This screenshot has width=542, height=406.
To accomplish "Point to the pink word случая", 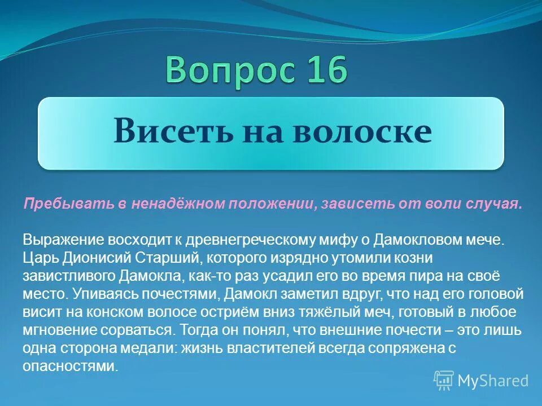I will tap(501, 204).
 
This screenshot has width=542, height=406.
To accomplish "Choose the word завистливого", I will tap(69, 276).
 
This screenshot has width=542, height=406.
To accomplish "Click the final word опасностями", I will tap(71, 367).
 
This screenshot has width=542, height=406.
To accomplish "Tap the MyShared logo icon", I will tap(444, 381).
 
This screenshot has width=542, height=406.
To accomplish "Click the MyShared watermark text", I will tap(493, 381).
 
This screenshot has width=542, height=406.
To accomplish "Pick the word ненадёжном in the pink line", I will tap(176, 204).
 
